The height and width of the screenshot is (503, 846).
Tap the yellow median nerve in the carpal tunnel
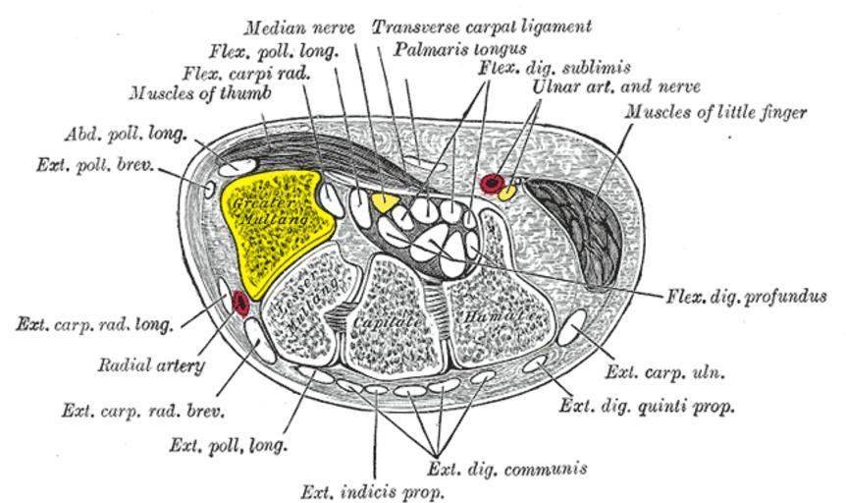383,202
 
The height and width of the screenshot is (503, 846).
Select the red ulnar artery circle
492,183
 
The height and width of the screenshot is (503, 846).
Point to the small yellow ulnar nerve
507,192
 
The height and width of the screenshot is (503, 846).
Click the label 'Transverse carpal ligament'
481,26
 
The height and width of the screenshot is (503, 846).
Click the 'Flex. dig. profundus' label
746,296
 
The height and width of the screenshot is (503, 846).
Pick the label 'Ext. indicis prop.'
373,490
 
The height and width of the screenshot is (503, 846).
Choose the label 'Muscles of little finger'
716,113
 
